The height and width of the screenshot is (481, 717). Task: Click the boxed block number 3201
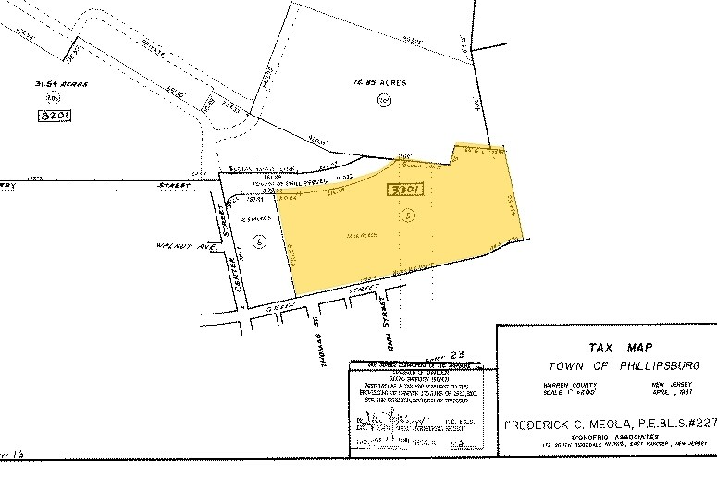(56, 116)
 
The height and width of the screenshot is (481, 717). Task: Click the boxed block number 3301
(403, 191)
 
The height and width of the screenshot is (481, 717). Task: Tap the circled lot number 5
(408, 215)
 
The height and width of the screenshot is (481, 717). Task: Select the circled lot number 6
(260, 241)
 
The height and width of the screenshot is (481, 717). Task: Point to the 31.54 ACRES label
(61, 83)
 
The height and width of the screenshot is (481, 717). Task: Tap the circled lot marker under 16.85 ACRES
(383, 101)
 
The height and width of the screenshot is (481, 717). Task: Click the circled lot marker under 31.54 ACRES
(55, 98)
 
